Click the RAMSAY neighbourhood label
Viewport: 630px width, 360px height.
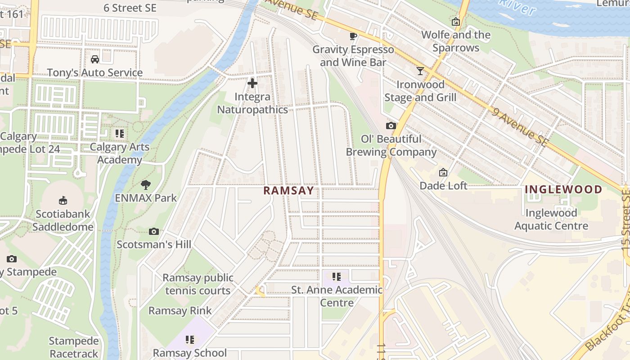[x=288, y=190]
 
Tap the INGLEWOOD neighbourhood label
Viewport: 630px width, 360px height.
[x=563, y=189]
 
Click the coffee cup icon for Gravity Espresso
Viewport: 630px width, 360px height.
[x=353, y=36]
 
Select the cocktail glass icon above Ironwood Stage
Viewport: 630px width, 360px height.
[x=420, y=71]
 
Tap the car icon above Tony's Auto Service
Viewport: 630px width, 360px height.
[x=95, y=59]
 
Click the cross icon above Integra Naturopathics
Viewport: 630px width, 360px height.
[x=252, y=83]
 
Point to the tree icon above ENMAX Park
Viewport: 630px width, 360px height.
[x=145, y=184]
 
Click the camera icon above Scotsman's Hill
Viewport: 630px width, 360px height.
[x=154, y=231]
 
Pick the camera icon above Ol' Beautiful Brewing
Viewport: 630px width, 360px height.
[x=391, y=126]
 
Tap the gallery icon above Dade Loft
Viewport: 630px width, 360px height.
[x=443, y=172]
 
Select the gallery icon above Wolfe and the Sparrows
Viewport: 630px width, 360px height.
[x=456, y=22]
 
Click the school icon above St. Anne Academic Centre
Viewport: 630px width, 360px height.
[x=336, y=276]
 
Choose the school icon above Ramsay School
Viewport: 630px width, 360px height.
[x=190, y=339]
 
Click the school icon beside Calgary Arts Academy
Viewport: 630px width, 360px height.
[x=119, y=133]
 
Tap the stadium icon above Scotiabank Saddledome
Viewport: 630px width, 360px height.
[x=63, y=201]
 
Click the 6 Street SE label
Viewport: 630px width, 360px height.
[x=130, y=8]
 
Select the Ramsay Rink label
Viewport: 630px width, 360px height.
[x=180, y=310]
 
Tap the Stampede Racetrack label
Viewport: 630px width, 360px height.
[x=74, y=347]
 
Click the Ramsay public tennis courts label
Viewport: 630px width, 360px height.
[x=198, y=284]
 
